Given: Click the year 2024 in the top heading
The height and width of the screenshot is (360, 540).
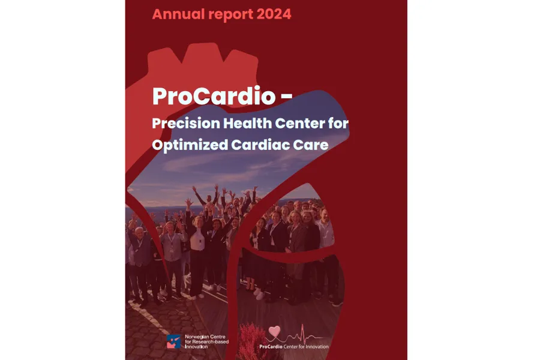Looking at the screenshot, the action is (274, 14).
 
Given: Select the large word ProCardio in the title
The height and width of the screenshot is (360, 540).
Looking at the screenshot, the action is (214, 96).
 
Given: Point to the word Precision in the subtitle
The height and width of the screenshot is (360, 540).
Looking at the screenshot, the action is (186, 123).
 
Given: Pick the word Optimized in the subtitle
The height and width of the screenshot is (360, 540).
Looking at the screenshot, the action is (190, 145).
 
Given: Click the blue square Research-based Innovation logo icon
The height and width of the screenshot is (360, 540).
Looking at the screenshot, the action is (173, 341).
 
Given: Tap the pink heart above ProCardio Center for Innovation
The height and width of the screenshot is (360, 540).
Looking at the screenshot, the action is (274, 331).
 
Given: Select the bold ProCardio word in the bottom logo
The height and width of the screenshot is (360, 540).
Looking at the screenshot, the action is (271, 347).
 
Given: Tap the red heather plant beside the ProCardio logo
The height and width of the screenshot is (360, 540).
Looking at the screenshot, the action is (251, 341).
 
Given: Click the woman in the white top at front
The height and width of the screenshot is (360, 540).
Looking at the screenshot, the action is (197, 255).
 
